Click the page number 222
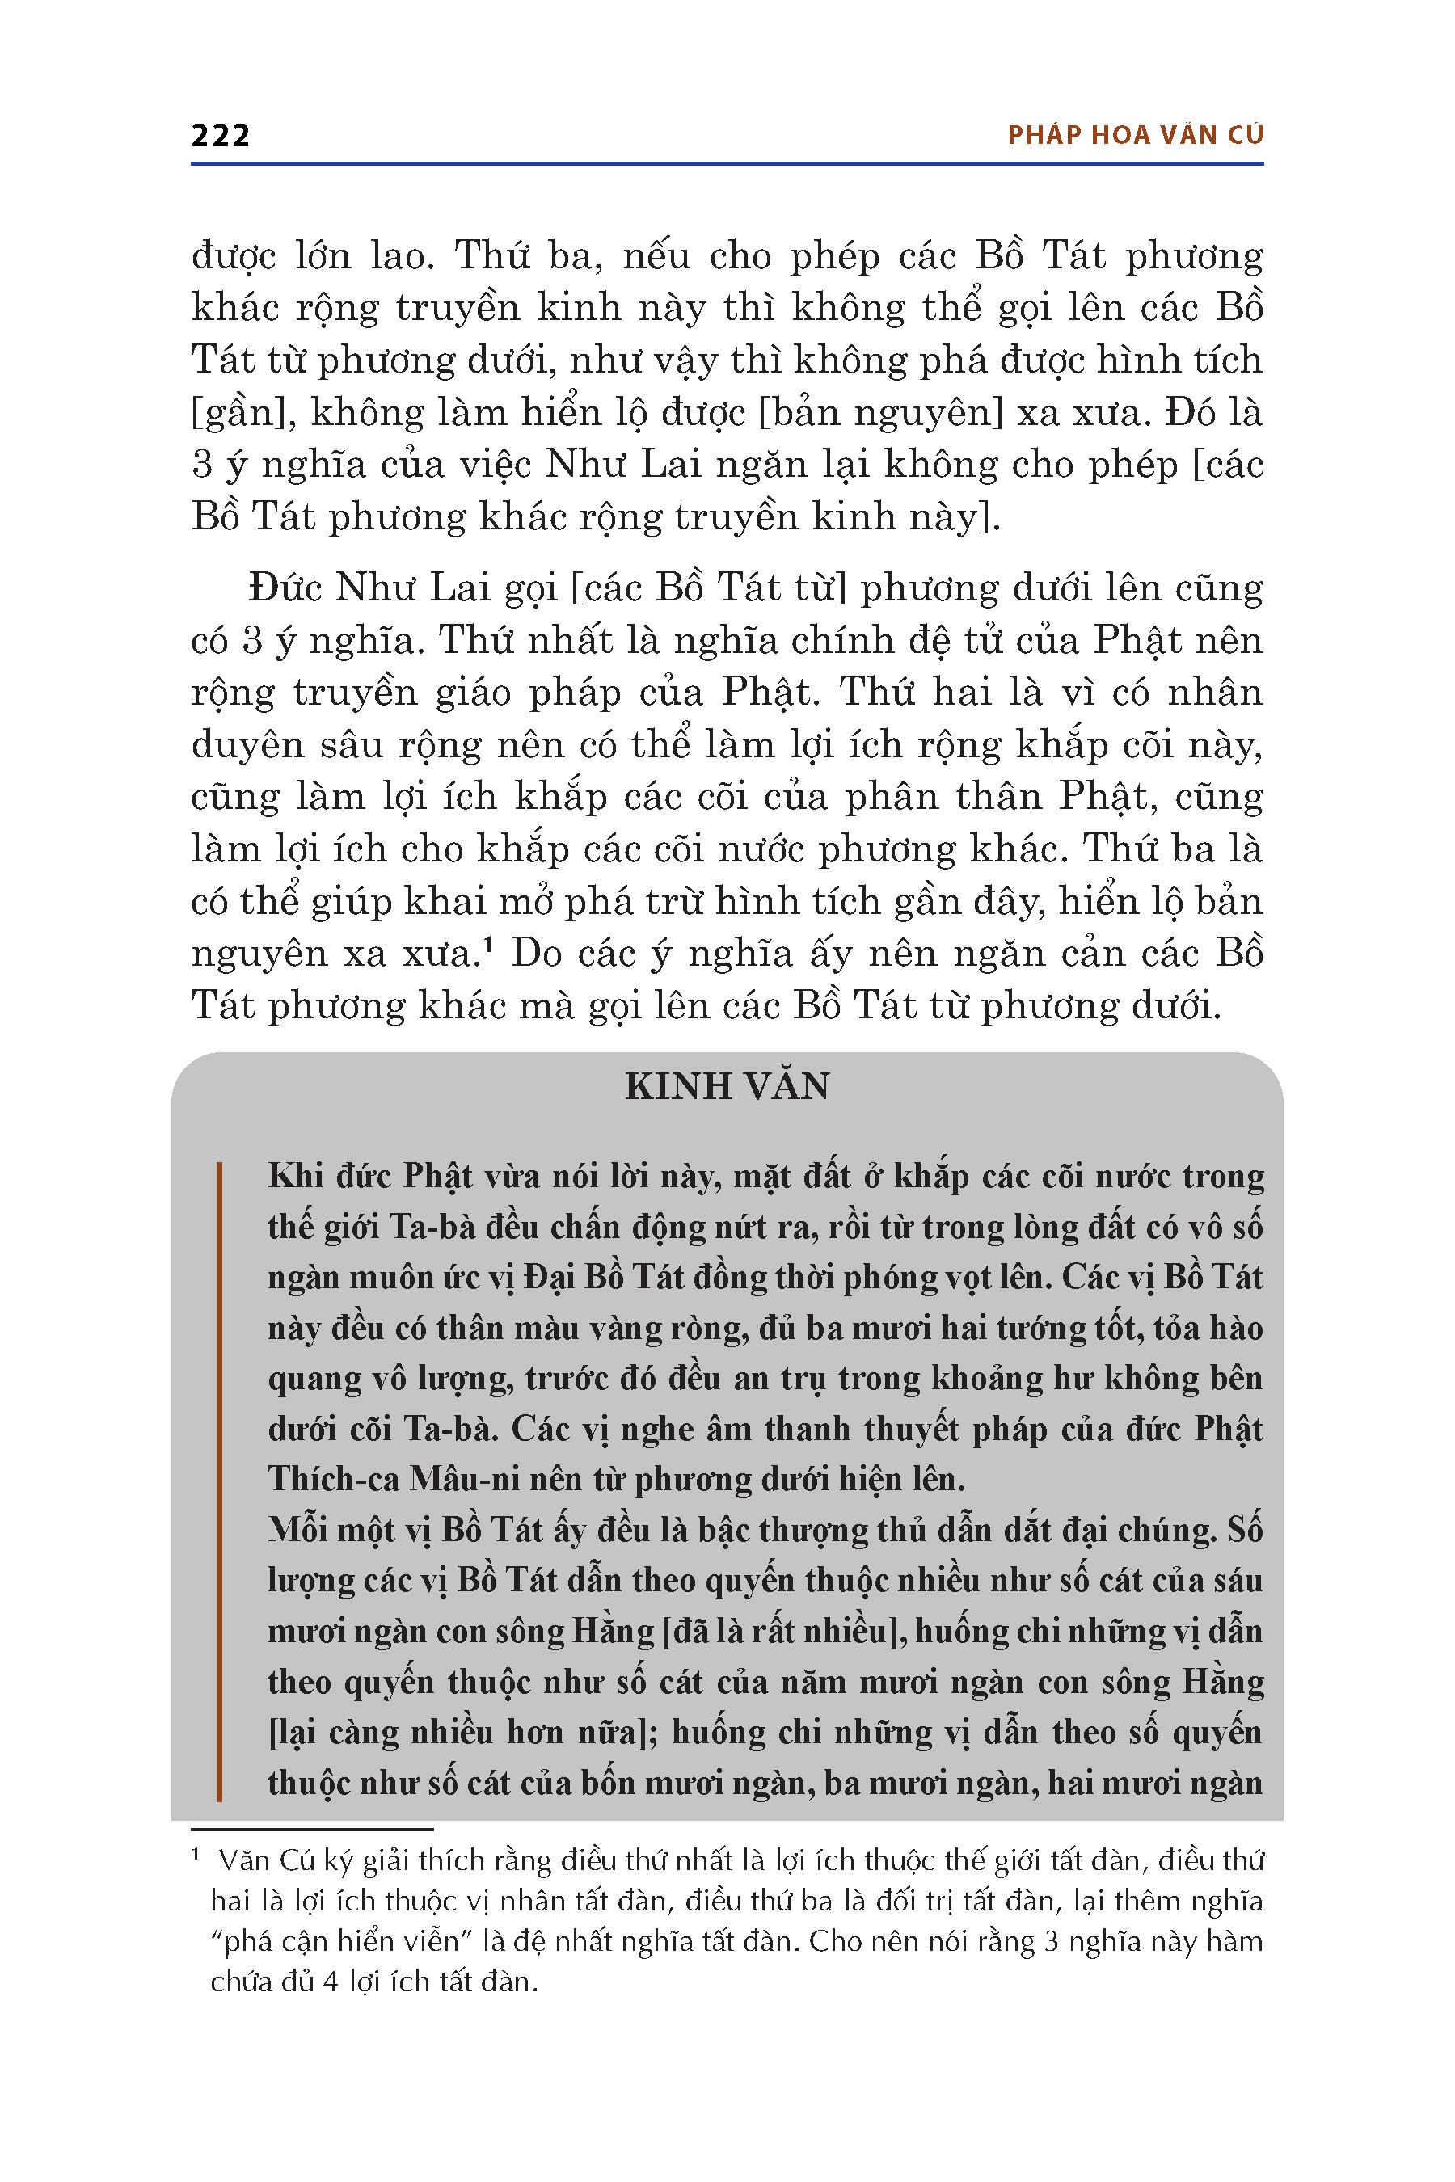[221, 137]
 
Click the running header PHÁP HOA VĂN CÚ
[1135, 136]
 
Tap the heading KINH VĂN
[727, 1086]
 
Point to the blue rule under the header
[727, 164]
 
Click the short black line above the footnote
[312, 1829]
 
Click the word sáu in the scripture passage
[1237, 1580]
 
